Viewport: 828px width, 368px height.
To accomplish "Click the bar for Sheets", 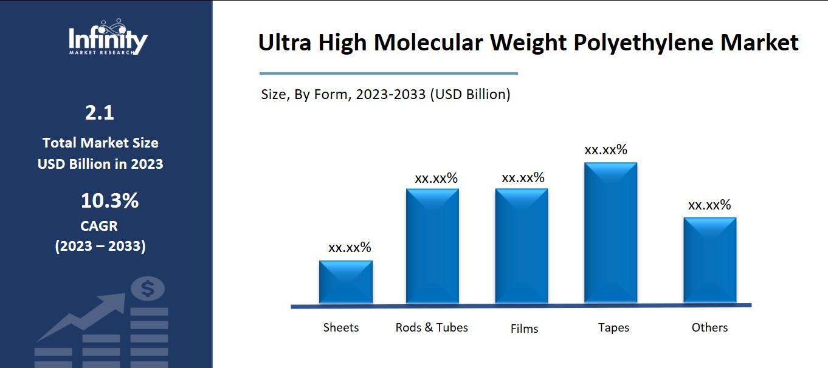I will click(346, 282).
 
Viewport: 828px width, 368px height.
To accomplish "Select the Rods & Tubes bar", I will click(432, 246).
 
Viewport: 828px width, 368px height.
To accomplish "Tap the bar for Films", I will click(522, 246).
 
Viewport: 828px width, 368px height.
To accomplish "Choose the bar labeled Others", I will click(709, 261).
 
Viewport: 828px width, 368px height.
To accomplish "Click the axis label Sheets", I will click(341, 327).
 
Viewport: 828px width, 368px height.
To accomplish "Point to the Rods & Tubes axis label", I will click(432, 327).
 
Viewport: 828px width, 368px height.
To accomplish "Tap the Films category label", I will click(524, 329).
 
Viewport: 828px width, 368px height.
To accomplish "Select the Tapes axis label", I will click(613, 327).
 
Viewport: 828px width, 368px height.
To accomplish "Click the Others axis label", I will click(709, 327).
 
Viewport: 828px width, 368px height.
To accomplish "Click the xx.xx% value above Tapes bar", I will click(605, 150).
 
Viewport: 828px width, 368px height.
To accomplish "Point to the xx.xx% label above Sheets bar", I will click(350, 248).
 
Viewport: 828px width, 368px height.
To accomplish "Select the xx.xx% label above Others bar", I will click(709, 205).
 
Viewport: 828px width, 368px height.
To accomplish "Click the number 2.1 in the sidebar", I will click(100, 112).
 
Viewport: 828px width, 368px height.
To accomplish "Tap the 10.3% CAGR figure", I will click(109, 200).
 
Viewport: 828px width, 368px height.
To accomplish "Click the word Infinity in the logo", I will click(108, 40).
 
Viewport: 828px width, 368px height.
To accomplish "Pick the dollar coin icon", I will click(147, 288).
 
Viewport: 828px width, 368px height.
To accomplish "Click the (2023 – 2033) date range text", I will click(100, 247).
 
